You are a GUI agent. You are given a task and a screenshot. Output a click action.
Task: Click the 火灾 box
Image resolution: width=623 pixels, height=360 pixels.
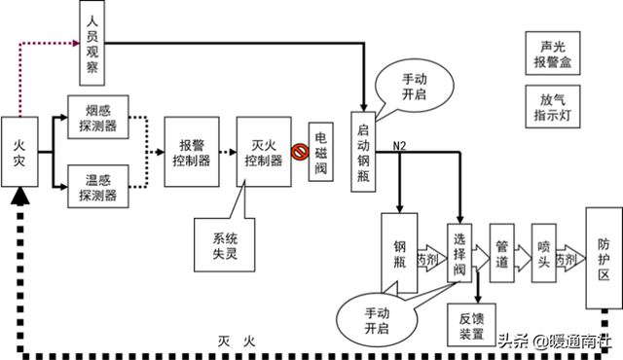coord(19,153)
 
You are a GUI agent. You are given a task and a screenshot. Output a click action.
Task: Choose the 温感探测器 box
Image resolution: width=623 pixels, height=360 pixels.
coord(97,185)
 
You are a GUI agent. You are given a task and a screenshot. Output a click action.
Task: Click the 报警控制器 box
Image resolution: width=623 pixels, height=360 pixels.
coord(188,153)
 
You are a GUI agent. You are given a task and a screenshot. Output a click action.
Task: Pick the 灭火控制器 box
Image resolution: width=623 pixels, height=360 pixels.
coord(263,153)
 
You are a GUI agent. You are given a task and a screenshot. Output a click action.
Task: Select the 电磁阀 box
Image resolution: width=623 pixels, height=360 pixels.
coord(322,153)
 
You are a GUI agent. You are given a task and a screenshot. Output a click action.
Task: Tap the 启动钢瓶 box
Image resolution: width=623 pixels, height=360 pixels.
coord(364,154)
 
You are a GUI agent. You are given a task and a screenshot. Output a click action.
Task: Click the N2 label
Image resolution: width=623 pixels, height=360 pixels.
coord(399,146)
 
